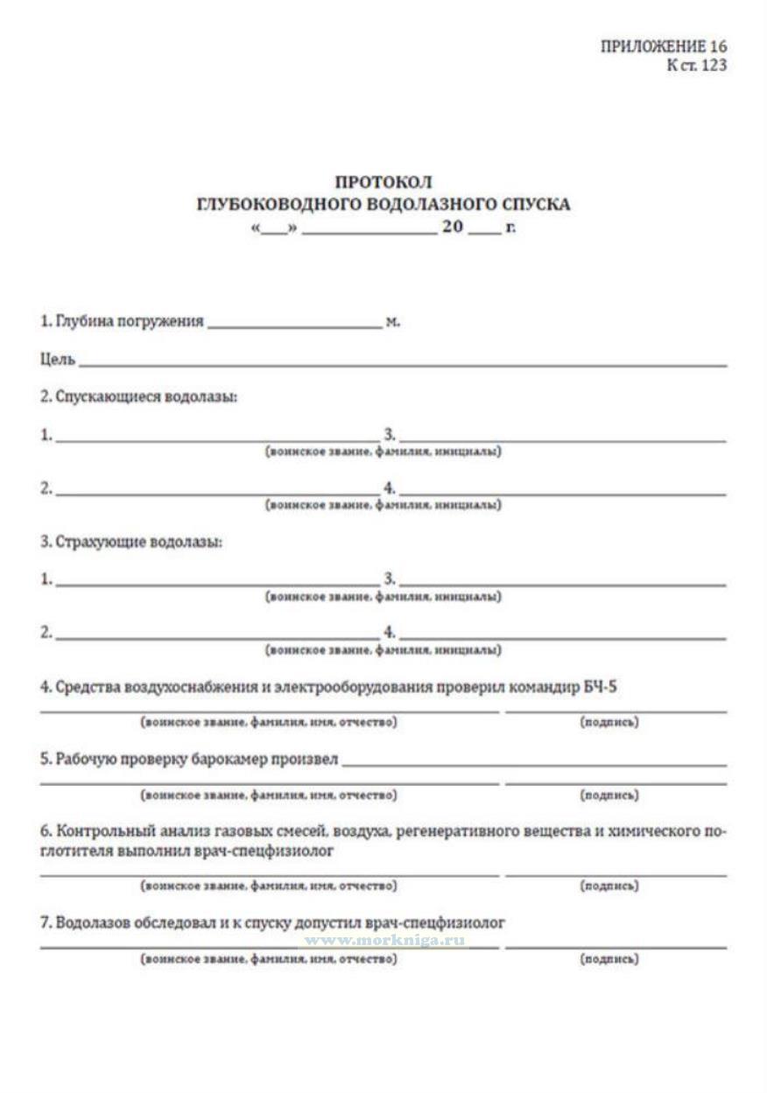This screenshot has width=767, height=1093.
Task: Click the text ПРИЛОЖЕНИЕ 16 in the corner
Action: [664, 47]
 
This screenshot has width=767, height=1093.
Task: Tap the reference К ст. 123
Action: [696, 65]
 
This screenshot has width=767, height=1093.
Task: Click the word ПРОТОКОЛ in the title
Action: [383, 182]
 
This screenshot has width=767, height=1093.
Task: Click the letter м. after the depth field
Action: [392, 322]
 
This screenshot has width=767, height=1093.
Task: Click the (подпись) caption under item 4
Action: [609, 722]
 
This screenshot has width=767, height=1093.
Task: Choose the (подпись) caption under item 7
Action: [609, 959]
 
